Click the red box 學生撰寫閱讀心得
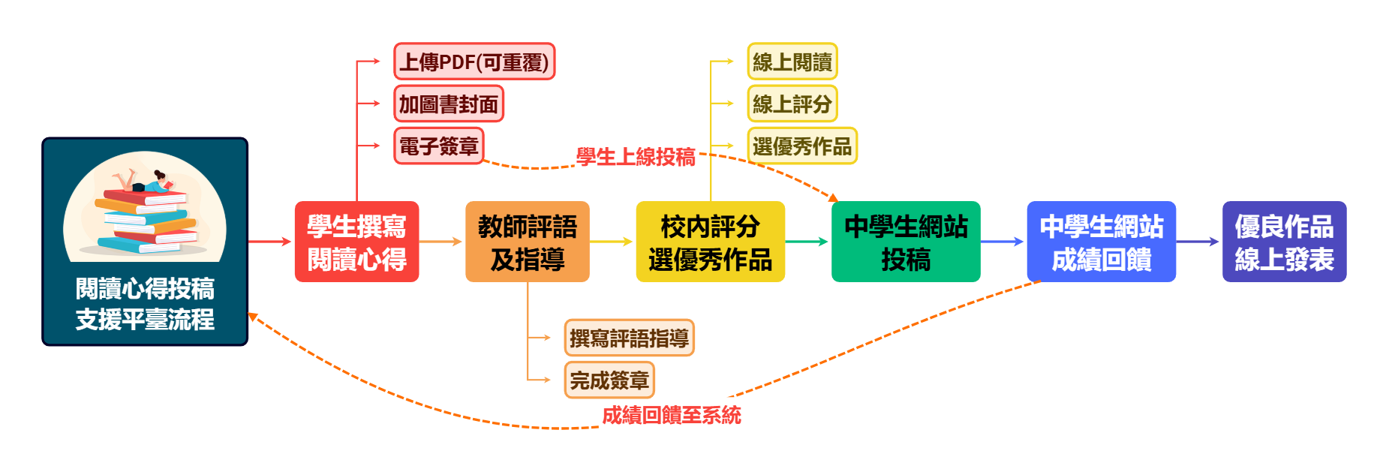(x=356, y=242)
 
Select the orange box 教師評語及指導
(x=527, y=242)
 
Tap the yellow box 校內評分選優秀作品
(x=710, y=242)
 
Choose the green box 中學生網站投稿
(x=906, y=242)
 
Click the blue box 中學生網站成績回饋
(x=1101, y=242)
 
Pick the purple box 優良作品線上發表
(x=1284, y=242)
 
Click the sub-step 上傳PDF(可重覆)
(x=474, y=62)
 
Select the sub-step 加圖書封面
(x=449, y=104)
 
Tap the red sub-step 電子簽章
(x=439, y=146)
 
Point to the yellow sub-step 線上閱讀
(x=792, y=62)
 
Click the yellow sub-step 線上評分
(x=792, y=104)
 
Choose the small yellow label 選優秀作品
(x=801, y=146)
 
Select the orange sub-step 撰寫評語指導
(x=629, y=338)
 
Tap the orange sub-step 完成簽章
(x=609, y=380)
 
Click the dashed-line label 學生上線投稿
(x=636, y=157)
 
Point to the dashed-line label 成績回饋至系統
(x=672, y=415)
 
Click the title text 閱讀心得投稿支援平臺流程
(x=145, y=304)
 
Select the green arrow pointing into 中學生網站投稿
(x=807, y=242)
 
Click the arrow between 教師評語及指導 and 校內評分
(x=612, y=242)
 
